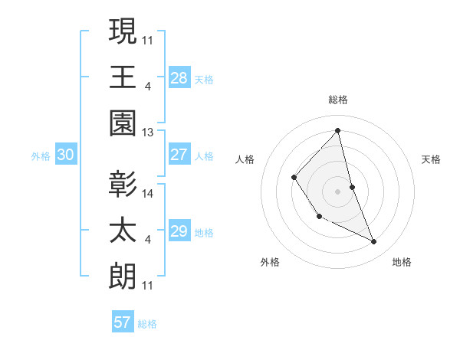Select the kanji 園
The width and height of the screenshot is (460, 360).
click(122, 123)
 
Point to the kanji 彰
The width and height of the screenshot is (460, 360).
click(122, 185)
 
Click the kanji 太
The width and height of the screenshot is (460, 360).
click(122, 231)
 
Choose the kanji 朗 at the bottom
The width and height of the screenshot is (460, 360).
click(122, 277)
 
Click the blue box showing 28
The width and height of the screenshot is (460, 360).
click(179, 77)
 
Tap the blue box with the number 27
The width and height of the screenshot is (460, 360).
click(179, 155)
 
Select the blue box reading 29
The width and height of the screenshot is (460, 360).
click(179, 231)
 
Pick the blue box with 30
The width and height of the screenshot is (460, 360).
click(66, 155)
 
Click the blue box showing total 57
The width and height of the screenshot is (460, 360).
click(123, 322)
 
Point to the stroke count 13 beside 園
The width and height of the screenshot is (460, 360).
click(148, 132)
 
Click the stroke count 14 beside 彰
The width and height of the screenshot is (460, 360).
click(148, 194)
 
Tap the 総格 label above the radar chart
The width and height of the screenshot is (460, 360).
click(338, 100)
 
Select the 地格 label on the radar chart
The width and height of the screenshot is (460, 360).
click(402, 262)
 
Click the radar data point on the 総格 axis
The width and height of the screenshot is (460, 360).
click(338, 130)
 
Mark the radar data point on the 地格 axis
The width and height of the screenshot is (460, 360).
click(374, 242)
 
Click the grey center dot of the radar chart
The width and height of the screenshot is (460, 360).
click(338, 191)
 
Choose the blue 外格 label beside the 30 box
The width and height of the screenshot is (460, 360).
click(41, 155)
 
